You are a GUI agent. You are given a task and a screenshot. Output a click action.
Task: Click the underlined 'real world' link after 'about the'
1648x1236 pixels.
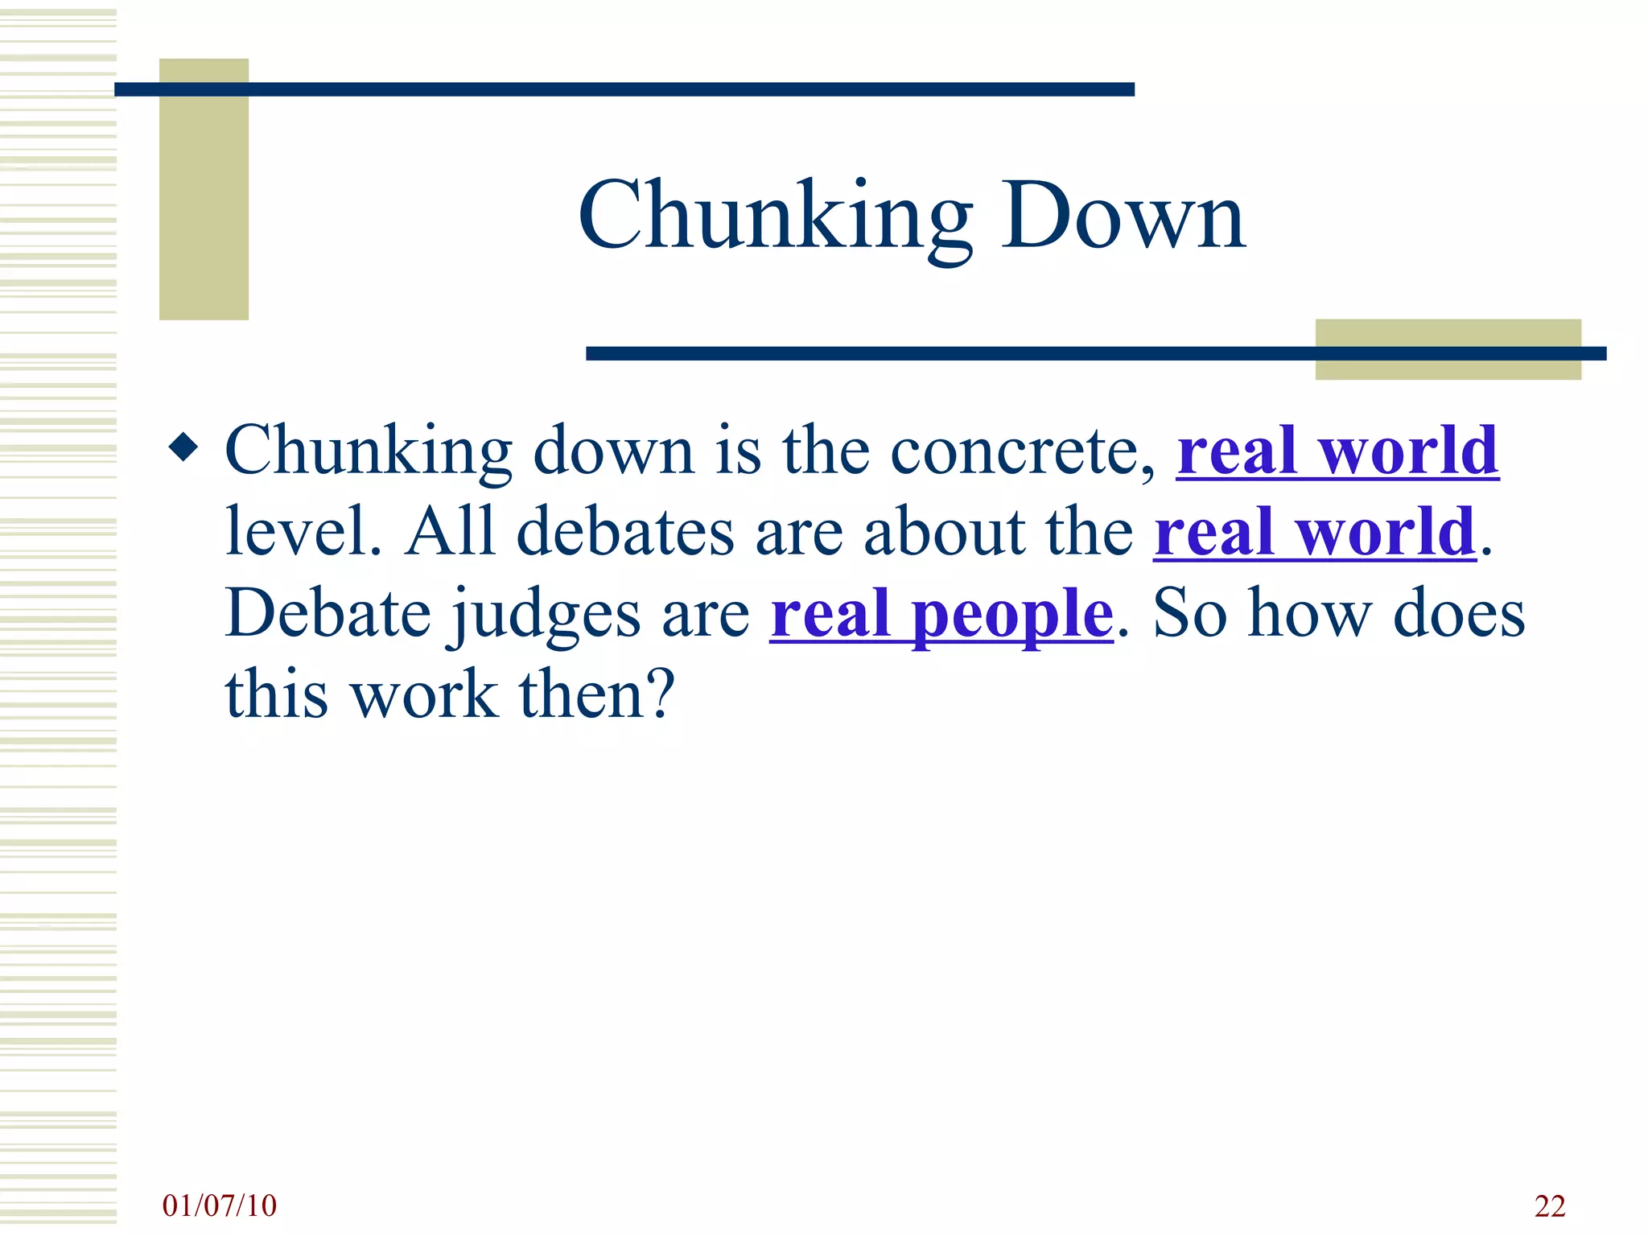click(1315, 532)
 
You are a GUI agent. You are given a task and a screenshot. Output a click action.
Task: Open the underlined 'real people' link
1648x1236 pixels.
click(941, 614)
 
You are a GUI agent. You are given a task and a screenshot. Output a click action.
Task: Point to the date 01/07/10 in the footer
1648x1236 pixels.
click(219, 1205)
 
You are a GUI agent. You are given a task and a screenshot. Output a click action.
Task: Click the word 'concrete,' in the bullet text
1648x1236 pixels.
click(1023, 451)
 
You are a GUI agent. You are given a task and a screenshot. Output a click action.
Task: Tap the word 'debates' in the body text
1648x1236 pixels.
click(625, 532)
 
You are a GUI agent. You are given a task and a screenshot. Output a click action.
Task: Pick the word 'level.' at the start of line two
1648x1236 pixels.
click(303, 532)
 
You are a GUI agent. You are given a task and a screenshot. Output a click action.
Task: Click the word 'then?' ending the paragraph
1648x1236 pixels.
click(596, 694)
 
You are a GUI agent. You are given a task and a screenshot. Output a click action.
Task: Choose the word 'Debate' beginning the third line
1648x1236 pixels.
click(328, 614)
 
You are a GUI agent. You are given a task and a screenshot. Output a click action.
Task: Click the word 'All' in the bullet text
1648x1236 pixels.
click(449, 532)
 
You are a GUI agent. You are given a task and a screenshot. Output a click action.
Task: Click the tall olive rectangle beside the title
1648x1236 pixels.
click(204, 189)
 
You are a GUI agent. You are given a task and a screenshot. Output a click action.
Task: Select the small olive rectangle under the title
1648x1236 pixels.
click(1448, 348)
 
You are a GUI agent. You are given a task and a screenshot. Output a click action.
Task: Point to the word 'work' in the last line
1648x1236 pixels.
click(425, 694)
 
